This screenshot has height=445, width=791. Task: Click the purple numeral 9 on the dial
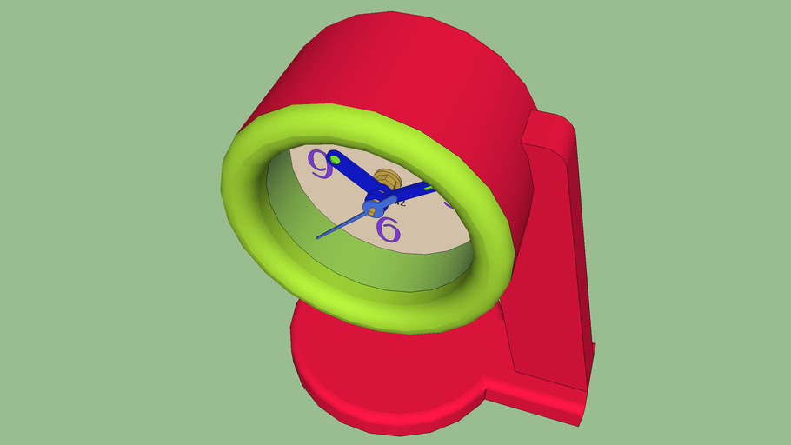coord(321,163)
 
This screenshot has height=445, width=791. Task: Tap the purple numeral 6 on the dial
coord(389,229)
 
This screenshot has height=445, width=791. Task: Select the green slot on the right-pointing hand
coord(429,188)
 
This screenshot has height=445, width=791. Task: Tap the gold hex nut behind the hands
coord(389,179)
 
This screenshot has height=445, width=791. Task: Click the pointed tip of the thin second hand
coord(317,237)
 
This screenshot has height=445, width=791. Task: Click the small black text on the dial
coord(398,203)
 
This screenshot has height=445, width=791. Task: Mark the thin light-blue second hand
coord(343,224)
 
